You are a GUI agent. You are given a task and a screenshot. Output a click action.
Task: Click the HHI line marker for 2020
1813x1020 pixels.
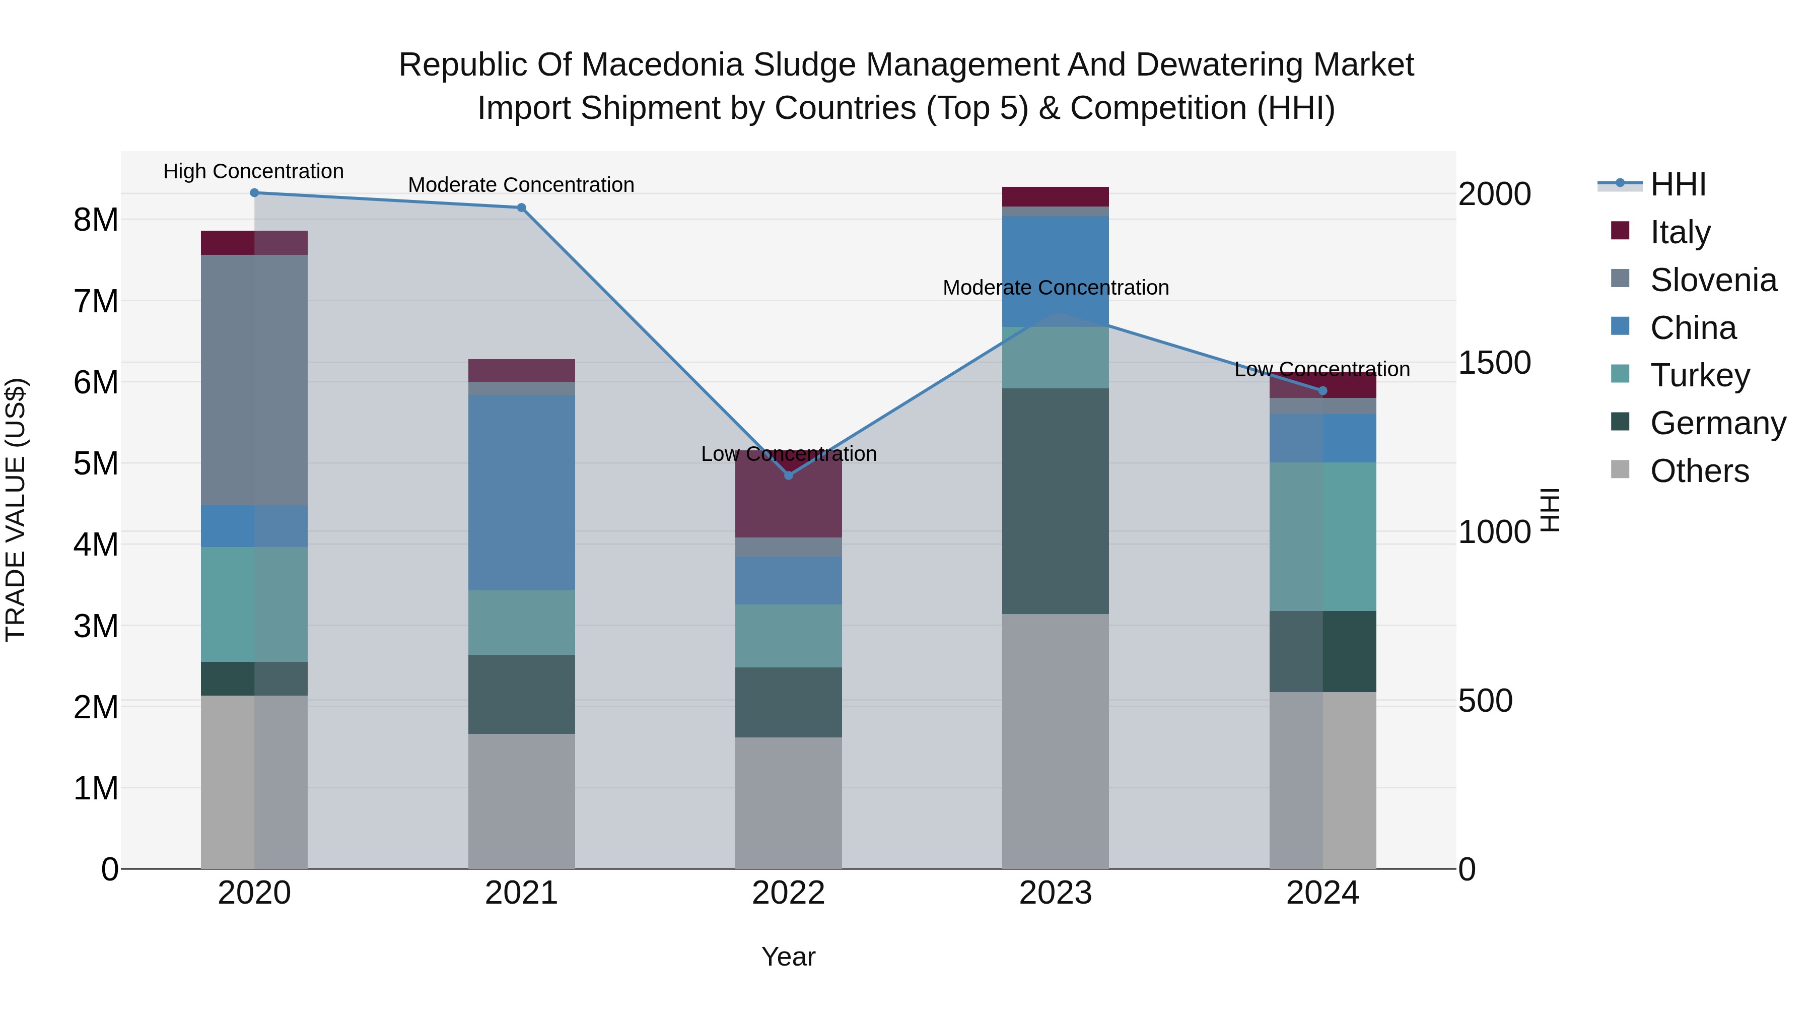[254, 193]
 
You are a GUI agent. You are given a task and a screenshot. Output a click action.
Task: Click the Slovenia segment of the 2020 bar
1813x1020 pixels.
[254, 380]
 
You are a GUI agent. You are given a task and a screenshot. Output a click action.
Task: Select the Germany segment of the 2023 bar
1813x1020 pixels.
[1055, 501]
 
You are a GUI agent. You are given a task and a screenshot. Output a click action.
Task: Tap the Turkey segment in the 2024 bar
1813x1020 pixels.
[1322, 536]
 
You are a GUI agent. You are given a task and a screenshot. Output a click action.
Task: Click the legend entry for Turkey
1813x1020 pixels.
[1700, 375]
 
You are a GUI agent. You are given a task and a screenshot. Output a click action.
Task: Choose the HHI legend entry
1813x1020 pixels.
[1678, 184]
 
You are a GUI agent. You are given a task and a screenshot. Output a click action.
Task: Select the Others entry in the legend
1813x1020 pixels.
[1699, 471]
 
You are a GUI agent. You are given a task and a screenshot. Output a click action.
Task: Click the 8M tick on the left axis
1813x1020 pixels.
[96, 220]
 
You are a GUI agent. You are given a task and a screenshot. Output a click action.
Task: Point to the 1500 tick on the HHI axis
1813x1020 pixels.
[1494, 363]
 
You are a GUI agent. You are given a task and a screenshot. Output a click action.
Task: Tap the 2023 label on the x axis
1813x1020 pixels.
[1055, 893]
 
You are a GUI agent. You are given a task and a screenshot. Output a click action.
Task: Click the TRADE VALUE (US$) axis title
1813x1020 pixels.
[16, 510]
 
